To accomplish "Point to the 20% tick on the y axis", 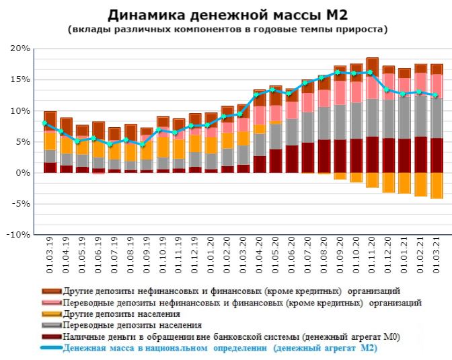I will [x=20, y=49].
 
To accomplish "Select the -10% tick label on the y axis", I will [x=18, y=235].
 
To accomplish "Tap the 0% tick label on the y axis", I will [x=24, y=173].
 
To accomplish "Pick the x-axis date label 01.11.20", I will [x=372, y=256].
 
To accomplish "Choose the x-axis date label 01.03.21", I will [x=437, y=256].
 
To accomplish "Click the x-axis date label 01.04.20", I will [x=260, y=256].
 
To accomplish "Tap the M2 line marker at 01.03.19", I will [x=45, y=123].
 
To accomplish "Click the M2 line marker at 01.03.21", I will [x=436, y=95].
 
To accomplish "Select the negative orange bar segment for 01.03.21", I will [x=437, y=185].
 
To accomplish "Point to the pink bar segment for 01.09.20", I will [x=340, y=92].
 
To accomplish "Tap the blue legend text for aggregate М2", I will [x=219, y=348].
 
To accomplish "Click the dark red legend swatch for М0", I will [x=50, y=336].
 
